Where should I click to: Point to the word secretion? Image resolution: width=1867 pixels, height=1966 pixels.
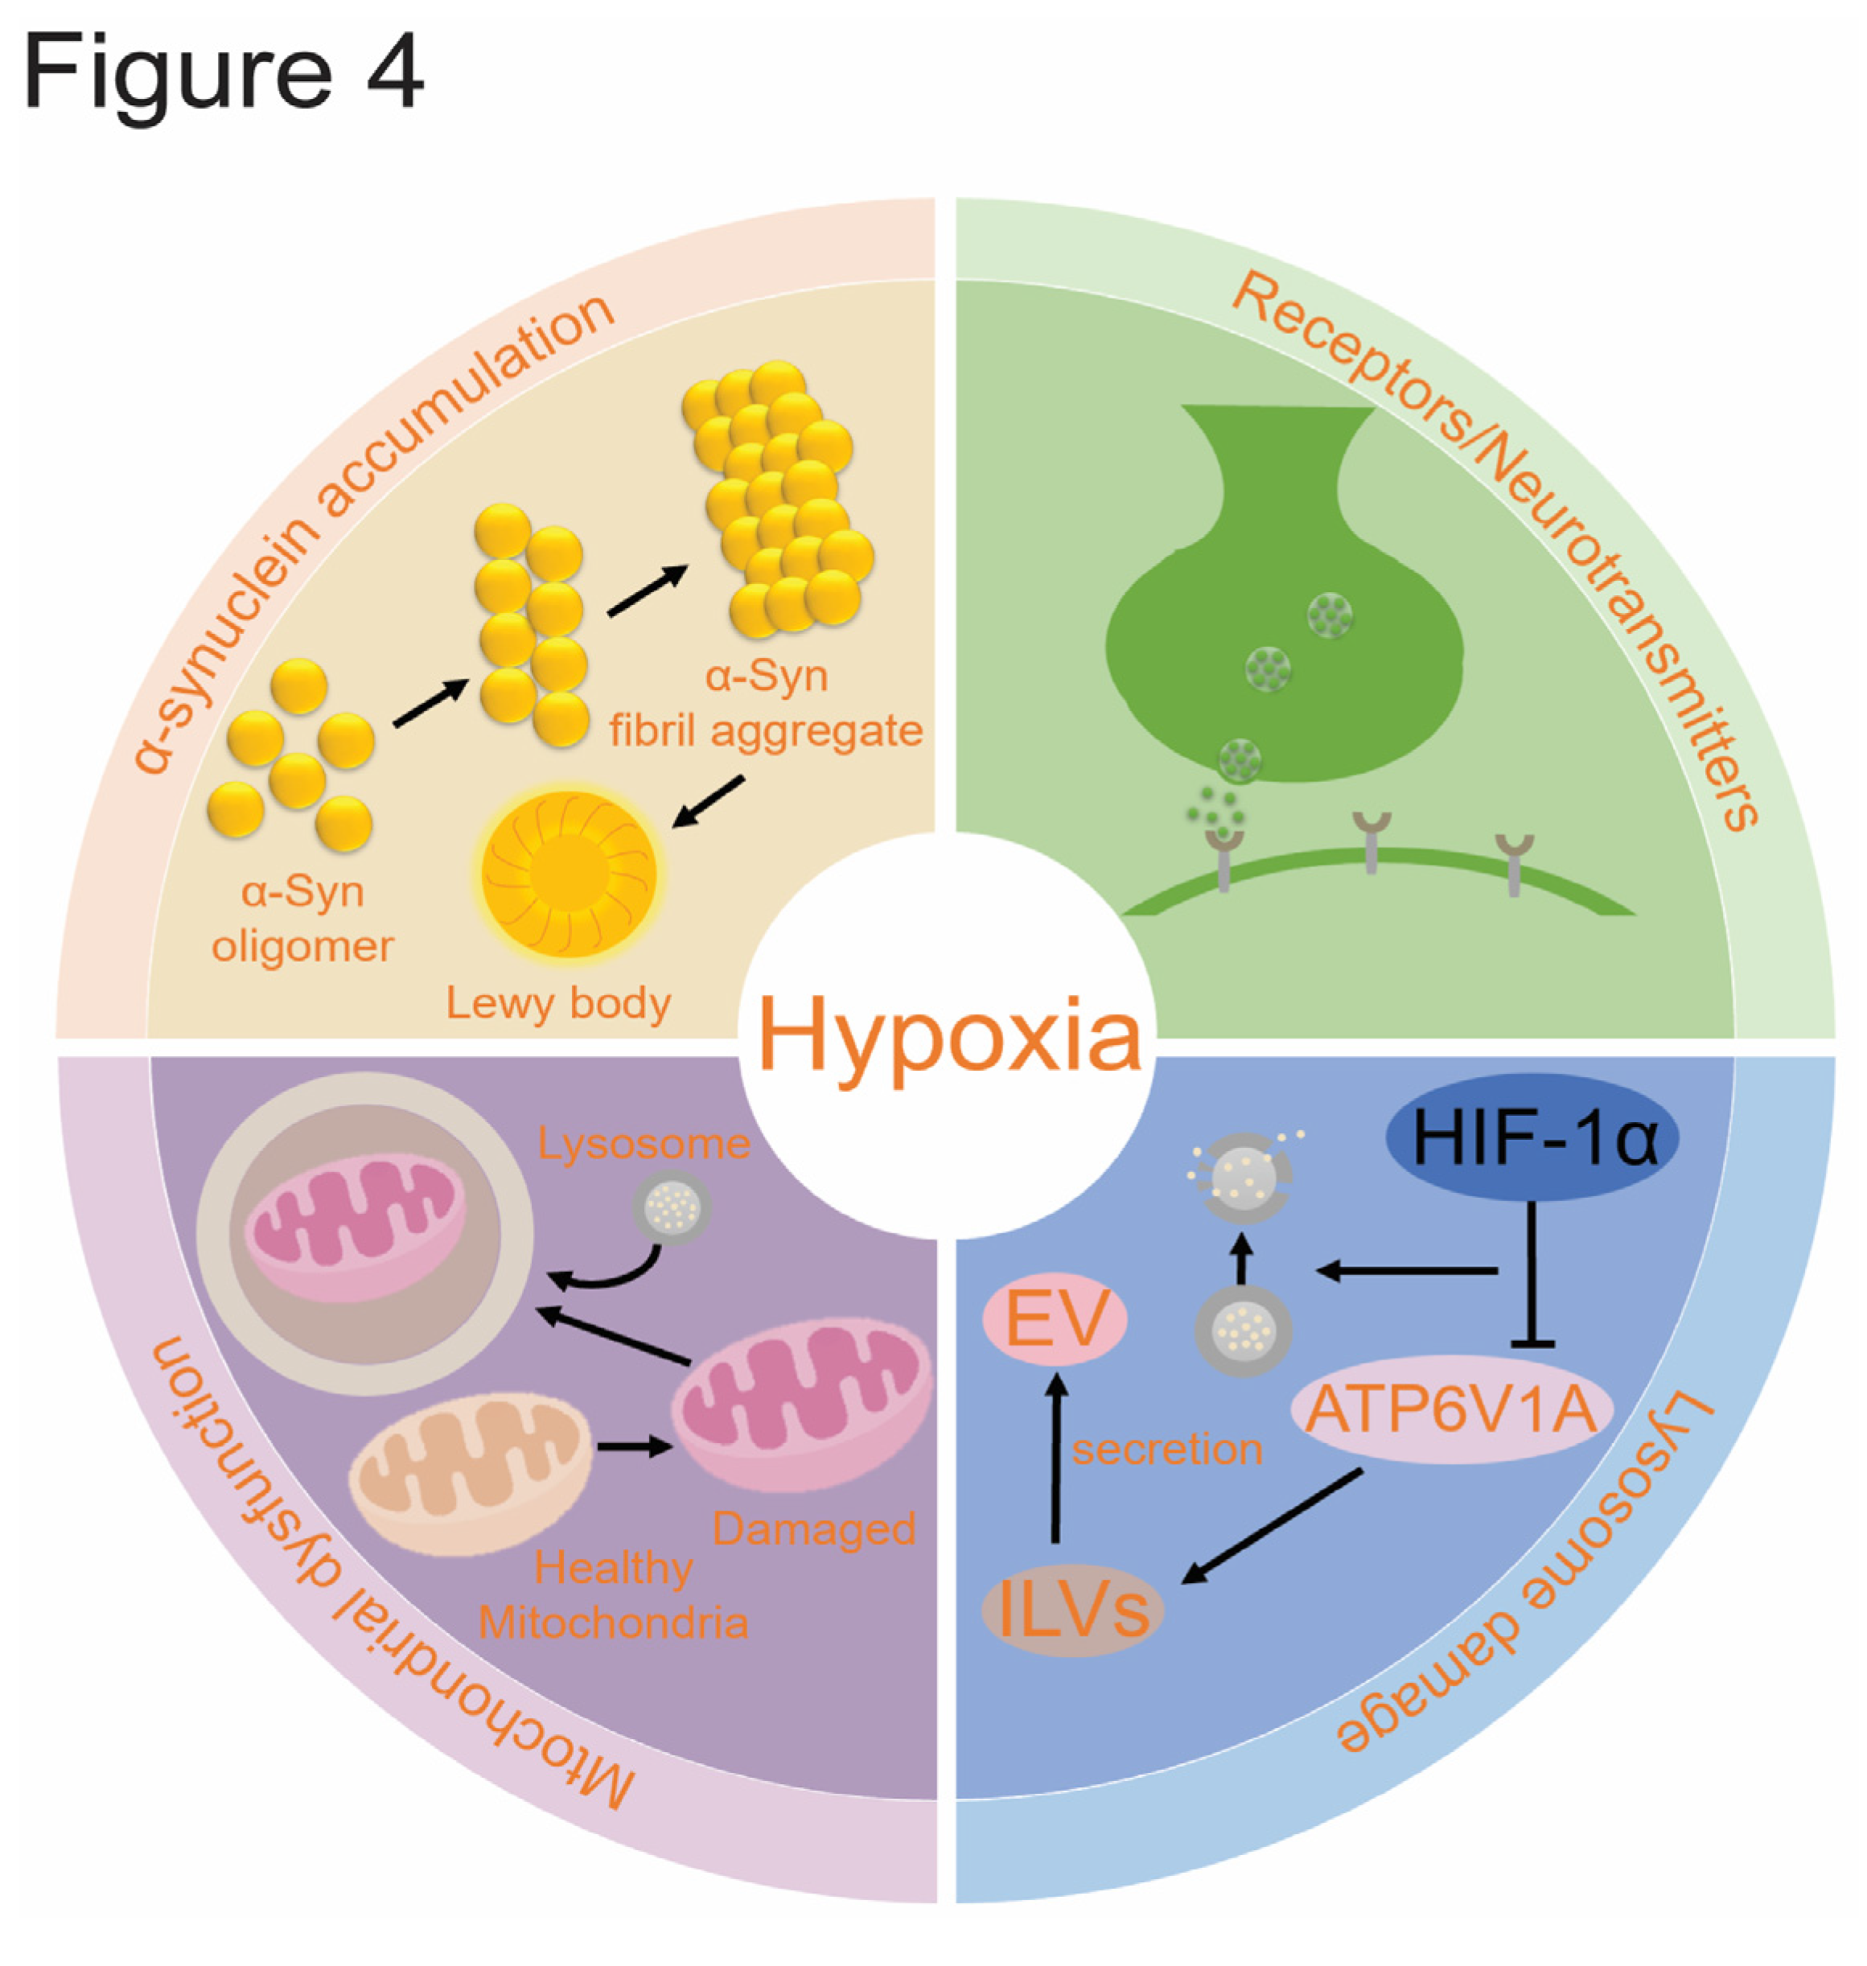pos(1167,1449)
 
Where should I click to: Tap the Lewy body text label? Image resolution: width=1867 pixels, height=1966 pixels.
pos(558,1002)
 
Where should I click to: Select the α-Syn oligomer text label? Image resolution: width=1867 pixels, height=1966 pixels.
pos(302,918)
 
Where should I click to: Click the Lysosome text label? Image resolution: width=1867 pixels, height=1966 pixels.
pos(644,1143)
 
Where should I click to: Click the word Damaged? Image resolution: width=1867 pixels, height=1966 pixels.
pos(814,1529)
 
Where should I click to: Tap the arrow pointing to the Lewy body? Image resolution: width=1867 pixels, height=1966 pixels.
pos(709,801)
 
